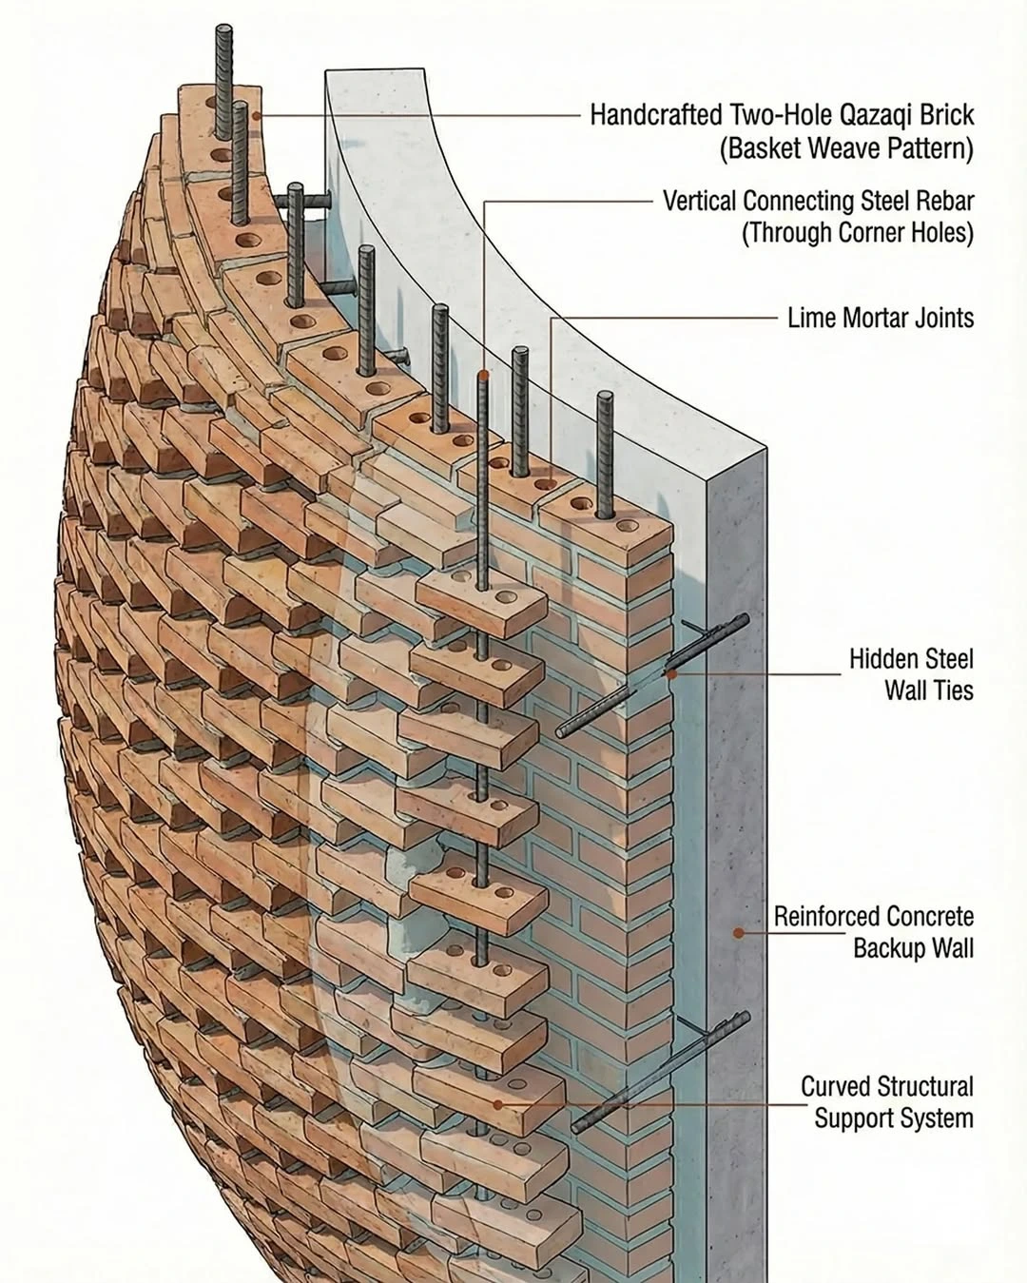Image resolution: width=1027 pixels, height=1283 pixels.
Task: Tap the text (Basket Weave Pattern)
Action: coord(846,148)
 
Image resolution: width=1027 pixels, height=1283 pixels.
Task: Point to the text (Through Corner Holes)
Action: coord(858,232)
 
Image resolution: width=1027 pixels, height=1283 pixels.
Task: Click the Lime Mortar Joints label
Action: coord(881,318)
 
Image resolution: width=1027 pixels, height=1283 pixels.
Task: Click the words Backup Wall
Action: coord(913,948)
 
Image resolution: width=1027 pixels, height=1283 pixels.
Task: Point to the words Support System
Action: coord(894,1118)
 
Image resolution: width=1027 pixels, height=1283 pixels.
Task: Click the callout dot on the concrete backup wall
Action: coord(739,933)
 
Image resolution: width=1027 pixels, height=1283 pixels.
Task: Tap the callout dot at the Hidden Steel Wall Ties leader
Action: coord(671,674)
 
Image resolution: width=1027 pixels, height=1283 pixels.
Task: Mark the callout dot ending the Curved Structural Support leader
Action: coord(497,1105)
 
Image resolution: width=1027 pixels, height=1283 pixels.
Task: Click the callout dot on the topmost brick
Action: coord(256,115)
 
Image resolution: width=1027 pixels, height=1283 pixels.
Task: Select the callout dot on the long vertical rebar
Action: coord(483,375)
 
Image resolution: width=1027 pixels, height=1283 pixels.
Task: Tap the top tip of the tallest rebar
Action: coord(224,27)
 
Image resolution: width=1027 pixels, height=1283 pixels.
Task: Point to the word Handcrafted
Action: coord(655,115)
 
